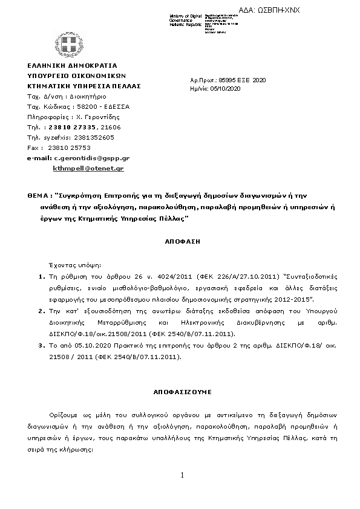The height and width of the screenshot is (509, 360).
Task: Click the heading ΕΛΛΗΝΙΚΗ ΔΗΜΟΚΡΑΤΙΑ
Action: (73, 65)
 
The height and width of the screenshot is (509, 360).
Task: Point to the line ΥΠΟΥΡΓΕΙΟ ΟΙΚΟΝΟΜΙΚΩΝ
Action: (76, 76)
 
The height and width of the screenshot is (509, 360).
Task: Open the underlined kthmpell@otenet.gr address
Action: (88, 168)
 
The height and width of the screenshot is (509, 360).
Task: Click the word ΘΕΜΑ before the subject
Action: (38, 196)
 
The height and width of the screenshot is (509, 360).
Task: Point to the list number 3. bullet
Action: (42, 346)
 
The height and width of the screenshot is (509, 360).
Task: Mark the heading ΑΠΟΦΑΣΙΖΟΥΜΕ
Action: (182, 392)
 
